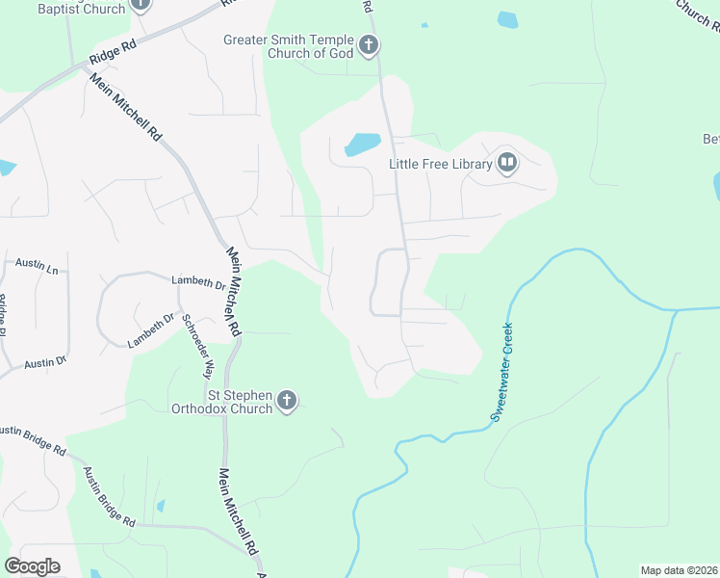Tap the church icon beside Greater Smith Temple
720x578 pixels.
click(x=368, y=44)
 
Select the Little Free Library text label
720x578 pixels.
click(x=440, y=164)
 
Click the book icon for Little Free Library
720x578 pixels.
click(x=507, y=163)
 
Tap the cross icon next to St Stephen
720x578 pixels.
click(x=287, y=401)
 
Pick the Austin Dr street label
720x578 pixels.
click(x=44, y=363)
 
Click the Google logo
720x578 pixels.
click(x=32, y=566)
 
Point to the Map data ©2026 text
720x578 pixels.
click(x=679, y=570)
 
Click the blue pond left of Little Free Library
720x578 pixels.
click(x=362, y=144)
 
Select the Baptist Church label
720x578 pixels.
click(x=82, y=9)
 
